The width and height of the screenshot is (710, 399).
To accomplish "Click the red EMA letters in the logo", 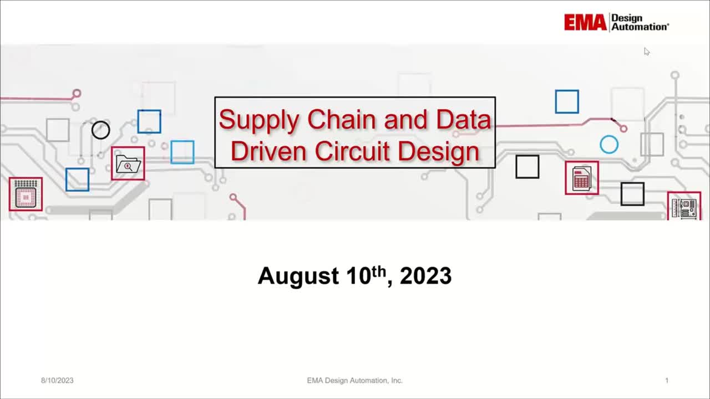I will [x=585, y=23].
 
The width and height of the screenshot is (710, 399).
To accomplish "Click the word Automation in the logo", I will [x=640, y=27].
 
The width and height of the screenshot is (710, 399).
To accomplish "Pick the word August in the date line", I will [x=298, y=276].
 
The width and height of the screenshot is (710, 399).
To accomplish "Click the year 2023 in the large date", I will [x=425, y=276].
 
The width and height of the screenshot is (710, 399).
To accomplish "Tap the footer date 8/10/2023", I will [x=57, y=380].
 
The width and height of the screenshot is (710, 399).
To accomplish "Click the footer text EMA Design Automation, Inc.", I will [x=355, y=380].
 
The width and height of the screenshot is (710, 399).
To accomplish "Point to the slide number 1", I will [x=667, y=380].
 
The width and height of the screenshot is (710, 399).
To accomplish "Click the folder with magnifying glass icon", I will [x=128, y=164].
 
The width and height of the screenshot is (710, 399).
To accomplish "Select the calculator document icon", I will [x=582, y=178].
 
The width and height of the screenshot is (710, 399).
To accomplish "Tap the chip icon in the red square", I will [x=26, y=195].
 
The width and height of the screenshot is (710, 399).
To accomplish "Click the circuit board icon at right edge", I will [x=684, y=206].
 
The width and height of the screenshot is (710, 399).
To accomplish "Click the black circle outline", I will [x=100, y=130].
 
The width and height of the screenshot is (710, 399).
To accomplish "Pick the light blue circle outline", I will [x=609, y=145].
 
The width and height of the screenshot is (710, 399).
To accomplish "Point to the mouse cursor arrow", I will [x=646, y=52].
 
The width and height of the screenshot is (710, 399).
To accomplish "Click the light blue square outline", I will [x=182, y=152].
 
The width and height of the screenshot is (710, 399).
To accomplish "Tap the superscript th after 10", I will [x=378, y=269].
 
